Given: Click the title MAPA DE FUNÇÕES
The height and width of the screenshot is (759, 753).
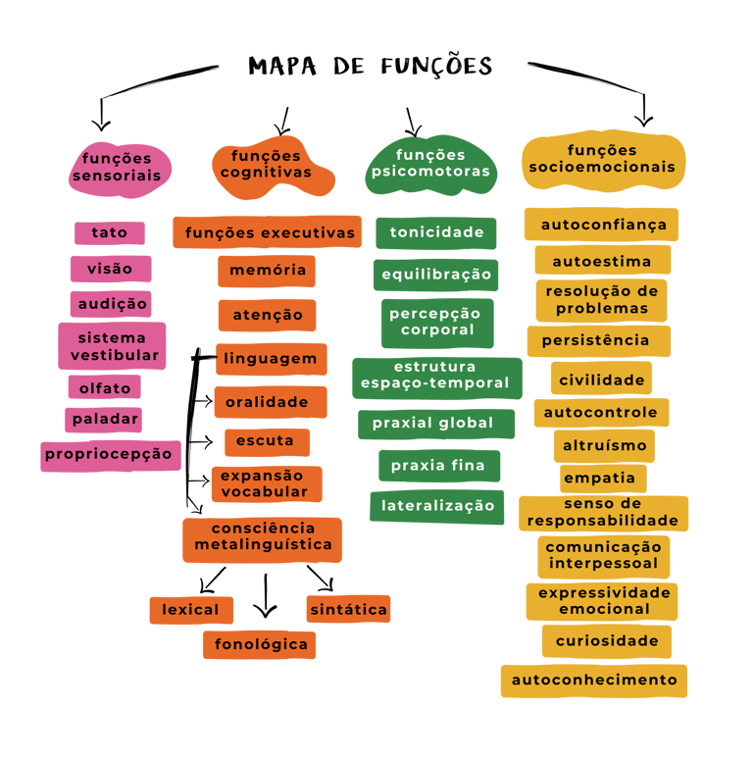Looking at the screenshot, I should (371, 66).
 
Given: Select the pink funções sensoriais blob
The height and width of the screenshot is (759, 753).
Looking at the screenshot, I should (117, 168).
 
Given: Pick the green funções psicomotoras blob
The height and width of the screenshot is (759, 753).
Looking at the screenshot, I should (430, 165).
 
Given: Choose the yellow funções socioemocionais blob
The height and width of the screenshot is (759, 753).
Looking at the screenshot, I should (602, 159).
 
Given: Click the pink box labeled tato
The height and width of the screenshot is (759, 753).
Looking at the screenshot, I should (109, 233).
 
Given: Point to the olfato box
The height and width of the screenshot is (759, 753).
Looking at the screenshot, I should (105, 388).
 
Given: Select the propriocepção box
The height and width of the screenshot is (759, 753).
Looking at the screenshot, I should (111, 454).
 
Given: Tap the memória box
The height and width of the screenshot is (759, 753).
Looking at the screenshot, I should (267, 270).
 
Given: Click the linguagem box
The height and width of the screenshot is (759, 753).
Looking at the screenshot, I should (270, 359).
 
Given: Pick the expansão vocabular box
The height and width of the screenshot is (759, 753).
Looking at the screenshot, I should (265, 483).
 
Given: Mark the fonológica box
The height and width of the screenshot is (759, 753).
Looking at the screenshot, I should (260, 644).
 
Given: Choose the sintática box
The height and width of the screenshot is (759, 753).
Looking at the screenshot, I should (348, 609).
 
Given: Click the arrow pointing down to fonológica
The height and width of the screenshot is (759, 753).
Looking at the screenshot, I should (265, 597).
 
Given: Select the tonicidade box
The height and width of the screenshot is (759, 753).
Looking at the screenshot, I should (436, 232).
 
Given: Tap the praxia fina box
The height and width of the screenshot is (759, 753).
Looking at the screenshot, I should (438, 466).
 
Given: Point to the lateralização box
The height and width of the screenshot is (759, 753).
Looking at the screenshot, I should (437, 506).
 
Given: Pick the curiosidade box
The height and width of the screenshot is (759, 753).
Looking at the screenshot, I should (607, 641).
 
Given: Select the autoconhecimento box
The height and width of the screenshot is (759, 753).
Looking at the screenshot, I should (594, 680).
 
